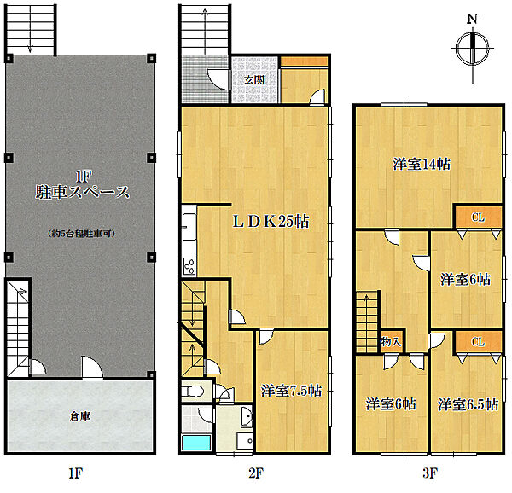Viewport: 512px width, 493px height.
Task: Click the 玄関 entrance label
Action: tap(254, 80)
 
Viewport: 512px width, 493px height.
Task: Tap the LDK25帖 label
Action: tap(271, 222)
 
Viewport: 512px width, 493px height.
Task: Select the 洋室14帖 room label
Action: tap(422, 164)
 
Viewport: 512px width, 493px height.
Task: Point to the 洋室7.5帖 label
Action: tap(291, 391)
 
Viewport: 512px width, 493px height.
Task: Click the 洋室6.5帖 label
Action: tap(468, 404)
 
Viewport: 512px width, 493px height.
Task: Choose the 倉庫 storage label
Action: tap(79, 416)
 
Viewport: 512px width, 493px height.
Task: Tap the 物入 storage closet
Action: tap(391, 342)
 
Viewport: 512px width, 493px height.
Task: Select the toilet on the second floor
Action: tap(192, 391)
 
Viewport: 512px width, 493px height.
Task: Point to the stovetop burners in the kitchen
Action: tap(189, 266)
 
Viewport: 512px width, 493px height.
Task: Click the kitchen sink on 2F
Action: tap(189, 226)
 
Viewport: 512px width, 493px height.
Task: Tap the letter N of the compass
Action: tap(472, 19)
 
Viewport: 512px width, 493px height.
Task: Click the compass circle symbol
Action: tap(472, 49)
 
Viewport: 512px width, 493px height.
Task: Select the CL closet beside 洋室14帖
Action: tap(478, 217)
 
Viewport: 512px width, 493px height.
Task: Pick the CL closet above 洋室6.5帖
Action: tap(478, 342)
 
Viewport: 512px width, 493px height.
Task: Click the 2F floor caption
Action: tap(256, 473)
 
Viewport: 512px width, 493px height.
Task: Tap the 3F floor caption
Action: tap(429, 473)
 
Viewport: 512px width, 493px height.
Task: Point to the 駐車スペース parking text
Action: tap(82, 192)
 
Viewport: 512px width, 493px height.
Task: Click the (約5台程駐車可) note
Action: tap(81, 234)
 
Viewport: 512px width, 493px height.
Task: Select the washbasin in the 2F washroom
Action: tap(247, 417)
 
